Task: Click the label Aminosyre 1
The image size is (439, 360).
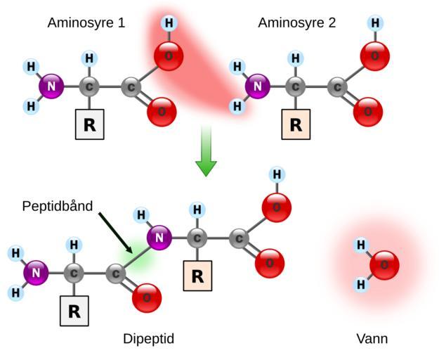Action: pos(86,22)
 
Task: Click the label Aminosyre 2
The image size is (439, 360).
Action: pos(296,22)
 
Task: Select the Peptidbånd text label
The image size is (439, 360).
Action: pos(58,207)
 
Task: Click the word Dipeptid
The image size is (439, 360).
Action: pos(148,339)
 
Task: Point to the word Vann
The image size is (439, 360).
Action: pos(372,339)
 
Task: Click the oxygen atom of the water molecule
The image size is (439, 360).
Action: pos(384,265)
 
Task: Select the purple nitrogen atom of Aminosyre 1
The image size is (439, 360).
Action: pos(51,87)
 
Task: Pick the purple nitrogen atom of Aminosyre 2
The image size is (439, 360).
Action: pos(258,87)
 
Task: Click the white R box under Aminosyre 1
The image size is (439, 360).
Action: pos(90,125)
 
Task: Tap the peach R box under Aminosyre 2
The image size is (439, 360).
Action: pos(296,125)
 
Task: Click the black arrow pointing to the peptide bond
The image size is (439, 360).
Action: pos(116,233)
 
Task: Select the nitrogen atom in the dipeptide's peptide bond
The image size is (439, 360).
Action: pos(159,238)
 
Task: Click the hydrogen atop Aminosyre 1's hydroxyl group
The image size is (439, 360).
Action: pos(169,23)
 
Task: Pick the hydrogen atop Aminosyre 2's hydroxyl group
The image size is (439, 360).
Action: pos(375,23)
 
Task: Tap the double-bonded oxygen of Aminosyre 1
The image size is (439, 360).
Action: pos(162,111)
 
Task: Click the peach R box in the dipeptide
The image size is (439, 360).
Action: pos(197,276)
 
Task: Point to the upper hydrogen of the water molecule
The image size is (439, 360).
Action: pos(361,245)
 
